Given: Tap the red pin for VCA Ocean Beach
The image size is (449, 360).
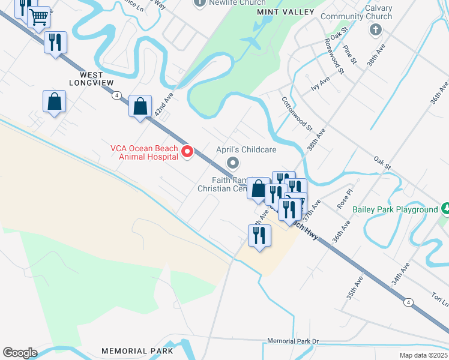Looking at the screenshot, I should (187, 152).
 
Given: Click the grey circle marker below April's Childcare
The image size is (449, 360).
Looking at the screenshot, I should (233, 163).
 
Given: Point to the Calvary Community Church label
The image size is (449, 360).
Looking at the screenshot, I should (357, 13).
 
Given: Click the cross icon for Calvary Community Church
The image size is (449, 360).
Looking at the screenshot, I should (376, 29).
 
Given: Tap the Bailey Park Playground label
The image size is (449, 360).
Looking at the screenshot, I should (404, 209).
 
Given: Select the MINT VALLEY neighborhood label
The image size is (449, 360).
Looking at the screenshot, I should (285, 12).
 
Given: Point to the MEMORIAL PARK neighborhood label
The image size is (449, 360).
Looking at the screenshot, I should (137, 351).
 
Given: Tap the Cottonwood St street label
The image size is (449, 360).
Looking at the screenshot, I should (297, 115).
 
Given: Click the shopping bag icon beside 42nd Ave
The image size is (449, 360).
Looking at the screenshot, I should (140, 107).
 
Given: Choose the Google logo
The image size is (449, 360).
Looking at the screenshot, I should (20, 352).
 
